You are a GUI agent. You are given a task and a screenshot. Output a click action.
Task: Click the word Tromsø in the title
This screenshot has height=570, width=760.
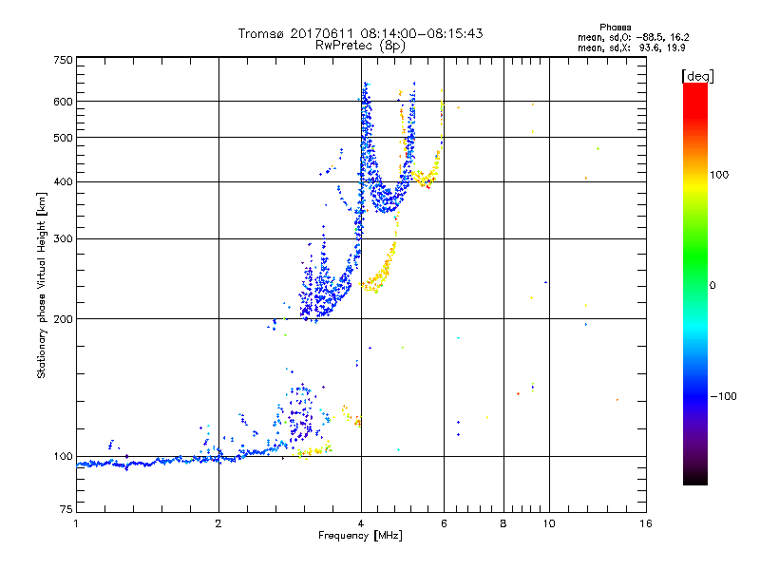[x=260, y=33]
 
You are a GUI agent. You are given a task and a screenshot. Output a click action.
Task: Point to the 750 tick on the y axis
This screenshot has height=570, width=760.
[x=62, y=59]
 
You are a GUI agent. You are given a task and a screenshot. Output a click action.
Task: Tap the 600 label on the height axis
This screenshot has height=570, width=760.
[x=62, y=101]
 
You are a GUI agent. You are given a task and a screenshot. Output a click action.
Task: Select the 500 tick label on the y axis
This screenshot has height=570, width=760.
[x=62, y=137]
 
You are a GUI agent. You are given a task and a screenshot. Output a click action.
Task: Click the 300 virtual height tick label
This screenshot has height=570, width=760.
[x=62, y=238]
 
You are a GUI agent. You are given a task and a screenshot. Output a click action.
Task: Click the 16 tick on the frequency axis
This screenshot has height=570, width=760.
[x=645, y=523]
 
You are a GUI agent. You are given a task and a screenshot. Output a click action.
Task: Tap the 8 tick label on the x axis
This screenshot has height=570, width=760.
[x=503, y=523]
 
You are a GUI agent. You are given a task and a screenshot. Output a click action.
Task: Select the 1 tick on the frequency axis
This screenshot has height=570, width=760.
[x=76, y=523]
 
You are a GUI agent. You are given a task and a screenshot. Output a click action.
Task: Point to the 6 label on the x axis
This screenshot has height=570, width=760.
[x=444, y=523]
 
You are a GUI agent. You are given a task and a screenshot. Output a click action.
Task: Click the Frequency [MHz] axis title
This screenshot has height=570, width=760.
[x=360, y=537]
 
